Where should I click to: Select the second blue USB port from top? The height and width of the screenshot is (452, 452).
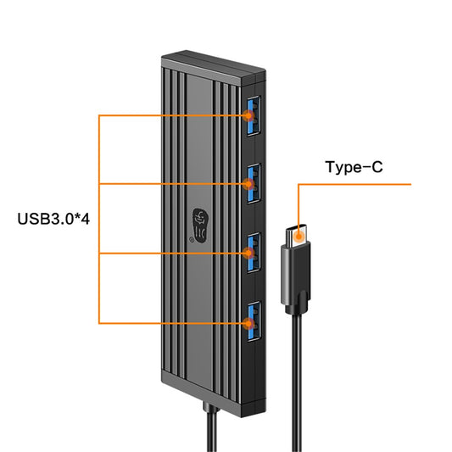(x=252, y=183)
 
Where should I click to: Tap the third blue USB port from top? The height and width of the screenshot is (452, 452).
(x=252, y=253)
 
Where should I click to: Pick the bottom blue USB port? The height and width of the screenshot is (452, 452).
(x=252, y=322)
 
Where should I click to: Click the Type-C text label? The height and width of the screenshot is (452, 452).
(x=354, y=167)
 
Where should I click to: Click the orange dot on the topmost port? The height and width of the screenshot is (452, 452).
(x=247, y=115)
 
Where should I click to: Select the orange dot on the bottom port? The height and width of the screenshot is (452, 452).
(x=248, y=323)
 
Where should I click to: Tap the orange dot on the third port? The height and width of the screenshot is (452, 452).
(x=248, y=254)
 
